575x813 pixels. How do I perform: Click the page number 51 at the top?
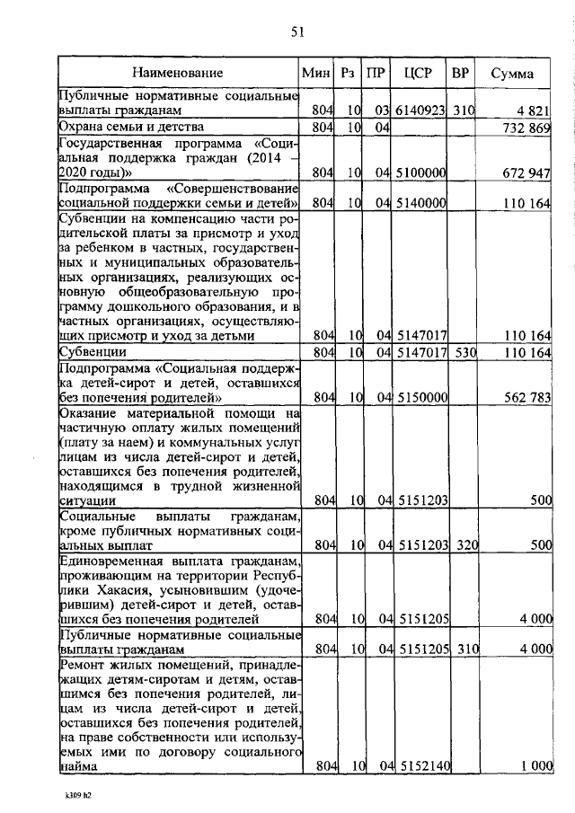tap(298, 33)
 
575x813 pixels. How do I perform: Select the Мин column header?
tap(316, 73)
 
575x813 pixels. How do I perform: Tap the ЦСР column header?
tap(420, 73)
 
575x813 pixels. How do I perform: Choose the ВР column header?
tap(460, 73)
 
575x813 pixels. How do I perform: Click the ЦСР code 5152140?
tap(421, 765)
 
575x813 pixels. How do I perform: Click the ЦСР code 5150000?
tap(421, 397)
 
